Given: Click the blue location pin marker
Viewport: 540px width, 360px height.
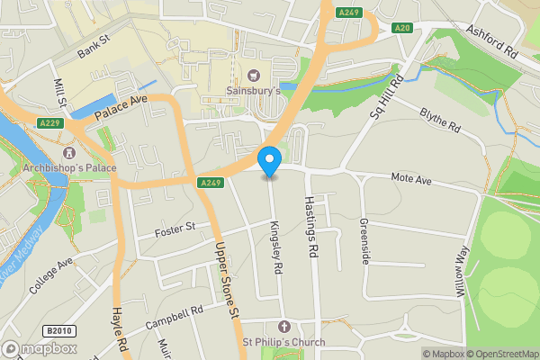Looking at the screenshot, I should (x=269, y=162).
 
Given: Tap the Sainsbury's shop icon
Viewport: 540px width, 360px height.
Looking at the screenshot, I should (x=253, y=75).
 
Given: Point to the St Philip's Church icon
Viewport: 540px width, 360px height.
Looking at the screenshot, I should (x=284, y=326).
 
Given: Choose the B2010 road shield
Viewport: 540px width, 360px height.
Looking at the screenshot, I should (x=58, y=330).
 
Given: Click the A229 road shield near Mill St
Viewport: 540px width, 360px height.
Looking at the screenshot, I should (x=49, y=121).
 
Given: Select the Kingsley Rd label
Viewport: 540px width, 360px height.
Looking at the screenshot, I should (x=276, y=248).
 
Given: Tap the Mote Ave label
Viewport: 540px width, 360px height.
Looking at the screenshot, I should (x=411, y=180).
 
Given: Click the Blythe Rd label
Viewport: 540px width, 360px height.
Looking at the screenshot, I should (x=440, y=121).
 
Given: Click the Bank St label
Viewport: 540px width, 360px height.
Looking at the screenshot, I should (x=93, y=47).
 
